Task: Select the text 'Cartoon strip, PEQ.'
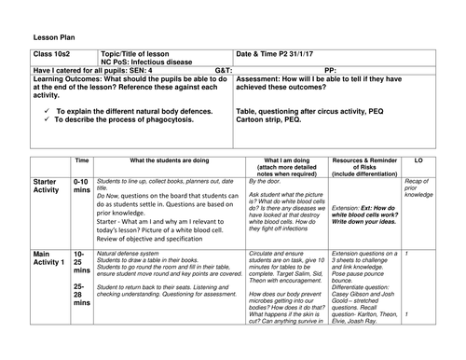point(271,119)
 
